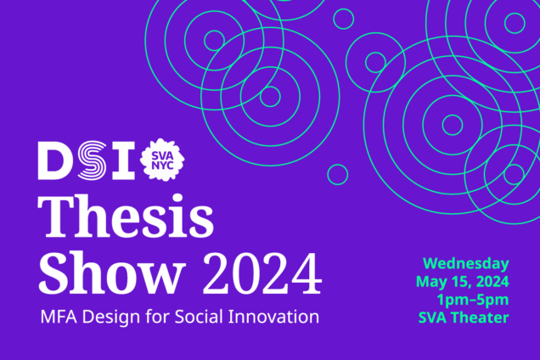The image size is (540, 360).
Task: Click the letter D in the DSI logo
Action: tap(56, 160)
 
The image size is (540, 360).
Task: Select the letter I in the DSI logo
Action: tap(123, 160)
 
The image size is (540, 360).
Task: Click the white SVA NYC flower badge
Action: tap(167, 160)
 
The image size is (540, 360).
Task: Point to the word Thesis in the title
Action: tap(125, 219)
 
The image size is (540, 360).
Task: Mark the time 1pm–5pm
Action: tap(473, 300)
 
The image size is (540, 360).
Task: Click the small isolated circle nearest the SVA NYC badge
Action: tap(337, 174)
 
